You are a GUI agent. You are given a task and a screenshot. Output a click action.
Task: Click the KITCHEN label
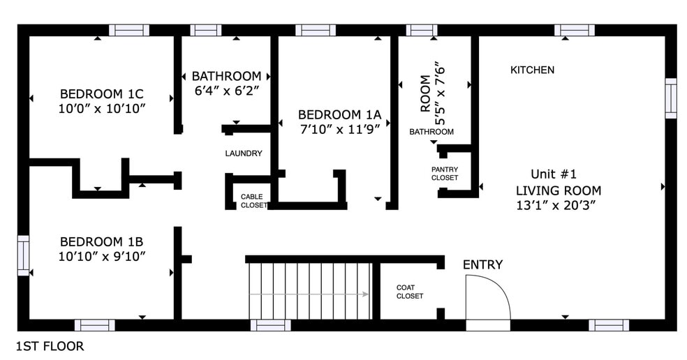[532, 70]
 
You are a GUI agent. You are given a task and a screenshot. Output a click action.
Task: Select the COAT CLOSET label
[410, 292]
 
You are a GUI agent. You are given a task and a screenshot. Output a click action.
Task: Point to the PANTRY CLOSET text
[445, 174]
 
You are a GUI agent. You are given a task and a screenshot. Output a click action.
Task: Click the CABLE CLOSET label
[253, 201]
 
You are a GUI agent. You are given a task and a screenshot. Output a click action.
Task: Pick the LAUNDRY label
[244, 153]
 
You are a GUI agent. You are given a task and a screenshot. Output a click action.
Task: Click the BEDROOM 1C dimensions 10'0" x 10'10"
[102, 109]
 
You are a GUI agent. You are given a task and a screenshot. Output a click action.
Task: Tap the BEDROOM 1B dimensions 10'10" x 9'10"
[102, 256]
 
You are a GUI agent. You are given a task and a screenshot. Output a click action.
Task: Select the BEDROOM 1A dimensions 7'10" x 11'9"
[339, 129]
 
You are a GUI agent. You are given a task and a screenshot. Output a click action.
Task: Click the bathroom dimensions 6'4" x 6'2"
[226, 91]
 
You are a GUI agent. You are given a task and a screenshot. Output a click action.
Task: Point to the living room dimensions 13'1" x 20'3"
[556, 205]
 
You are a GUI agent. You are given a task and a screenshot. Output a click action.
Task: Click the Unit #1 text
[554, 174]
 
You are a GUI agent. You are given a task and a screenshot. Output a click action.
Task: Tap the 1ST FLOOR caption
[50, 347]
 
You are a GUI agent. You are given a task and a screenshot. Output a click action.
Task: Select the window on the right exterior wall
[671, 98]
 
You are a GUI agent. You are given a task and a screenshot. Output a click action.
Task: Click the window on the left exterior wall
[23, 256]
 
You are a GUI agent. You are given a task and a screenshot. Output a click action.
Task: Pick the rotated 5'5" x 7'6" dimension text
[439, 95]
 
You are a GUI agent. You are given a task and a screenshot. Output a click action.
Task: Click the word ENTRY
[483, 264]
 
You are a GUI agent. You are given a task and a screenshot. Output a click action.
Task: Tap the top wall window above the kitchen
[575, 30]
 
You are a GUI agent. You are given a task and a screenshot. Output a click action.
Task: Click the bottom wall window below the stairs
[270, 325]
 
